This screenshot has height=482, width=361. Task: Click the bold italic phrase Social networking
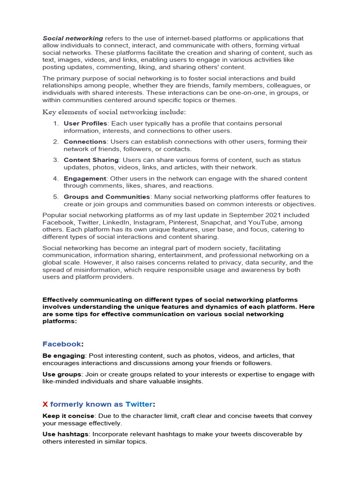[x=73, y=38]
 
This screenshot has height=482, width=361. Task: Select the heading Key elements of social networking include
[x=114, y=112]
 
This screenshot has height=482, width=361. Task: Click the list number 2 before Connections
[x=55, y=142]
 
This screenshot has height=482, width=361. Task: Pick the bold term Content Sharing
[x=91, y=160]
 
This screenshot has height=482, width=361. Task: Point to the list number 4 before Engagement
[x=55, y=178]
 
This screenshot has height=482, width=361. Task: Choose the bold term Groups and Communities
[x=107, y=197]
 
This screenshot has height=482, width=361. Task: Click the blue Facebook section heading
[x=62, y=344]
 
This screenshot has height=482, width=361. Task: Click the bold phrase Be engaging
[x=64, y=356]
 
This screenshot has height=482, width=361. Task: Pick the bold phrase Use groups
[x=62, y=374]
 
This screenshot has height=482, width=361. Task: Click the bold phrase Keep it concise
[x=68, y=416]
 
